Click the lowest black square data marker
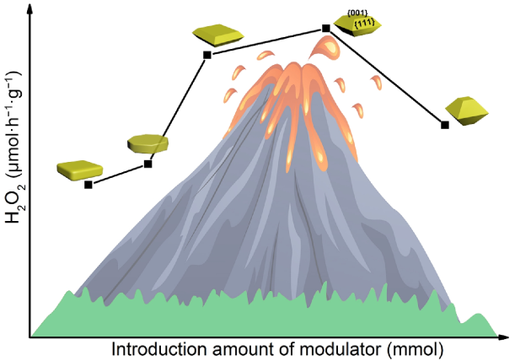click(89, 184)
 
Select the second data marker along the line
click(148, 164)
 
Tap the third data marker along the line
click(207, 56)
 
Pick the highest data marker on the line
click(326, 28)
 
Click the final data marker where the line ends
click(445, 125)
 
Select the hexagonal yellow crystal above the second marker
click(148, 143)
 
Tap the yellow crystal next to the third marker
click(218, 35)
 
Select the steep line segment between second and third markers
click(178, 110)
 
